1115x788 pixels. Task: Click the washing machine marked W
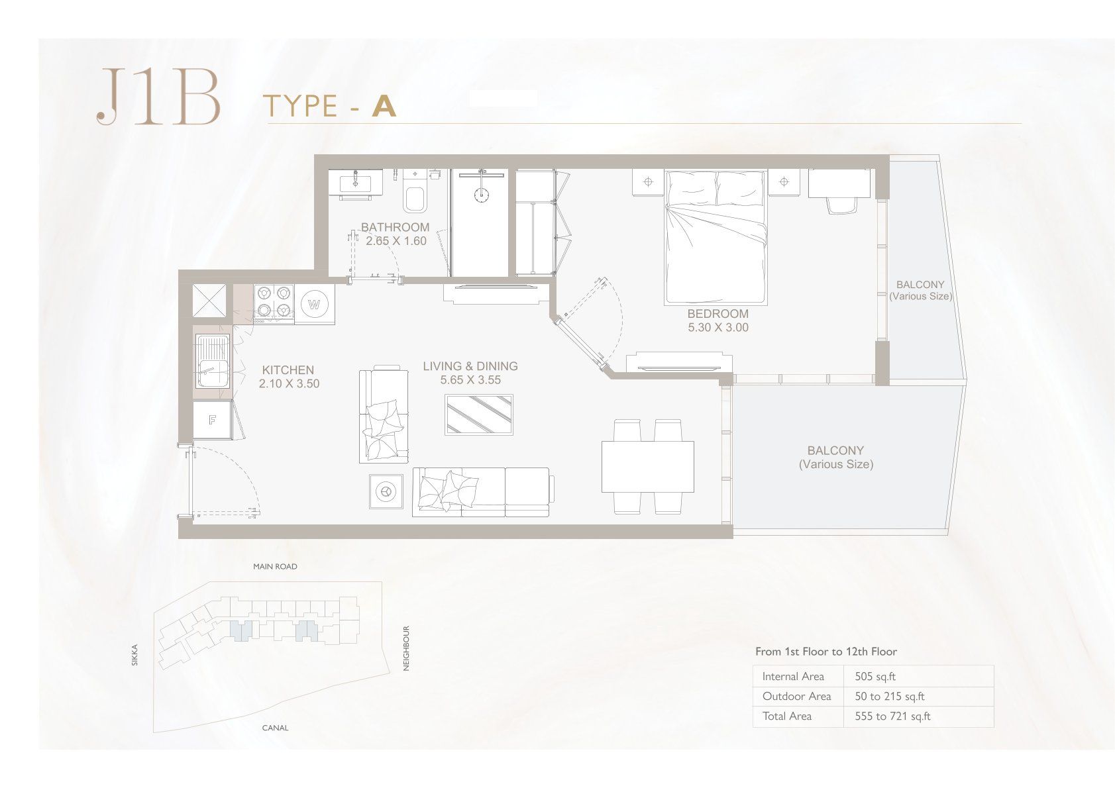[314, 304]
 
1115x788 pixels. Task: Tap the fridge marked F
[212, 420]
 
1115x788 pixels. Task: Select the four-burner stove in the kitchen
[274, 301]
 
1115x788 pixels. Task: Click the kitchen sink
[213, 361]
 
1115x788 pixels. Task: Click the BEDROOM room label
[717, 314]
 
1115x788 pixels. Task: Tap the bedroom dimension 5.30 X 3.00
[718, 327]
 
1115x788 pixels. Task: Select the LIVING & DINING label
[470, 366]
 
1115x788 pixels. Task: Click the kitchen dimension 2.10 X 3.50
[290, 383]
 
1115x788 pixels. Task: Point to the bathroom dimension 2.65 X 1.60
[396, 241]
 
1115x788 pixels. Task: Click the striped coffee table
[479, 415]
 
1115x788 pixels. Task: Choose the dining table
[647, 467]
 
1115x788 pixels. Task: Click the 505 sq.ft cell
[875, 677]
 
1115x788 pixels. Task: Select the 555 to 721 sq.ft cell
[892, 716]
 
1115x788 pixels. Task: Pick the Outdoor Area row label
[796, 697]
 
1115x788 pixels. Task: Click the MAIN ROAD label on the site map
[275, 566]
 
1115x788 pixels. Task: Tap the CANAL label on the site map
[275, 728]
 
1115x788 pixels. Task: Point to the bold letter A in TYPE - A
[384, 106]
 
